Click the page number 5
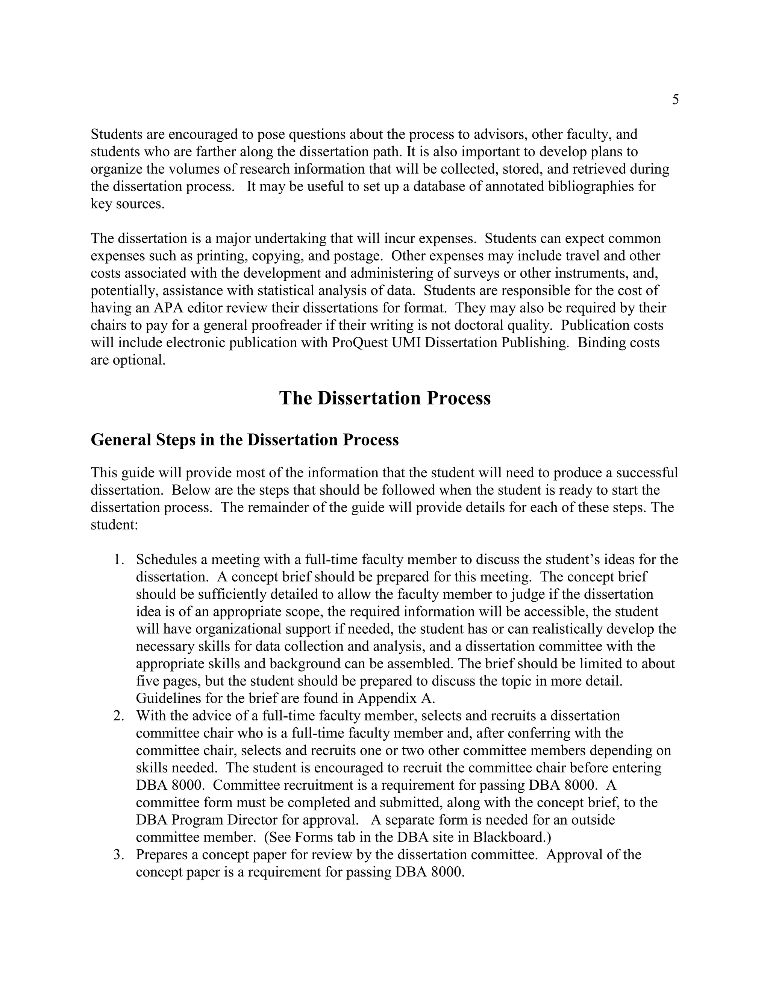675,100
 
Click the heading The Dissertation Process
385,398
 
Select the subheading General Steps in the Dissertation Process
244,440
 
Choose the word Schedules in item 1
166,560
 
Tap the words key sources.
127,204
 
